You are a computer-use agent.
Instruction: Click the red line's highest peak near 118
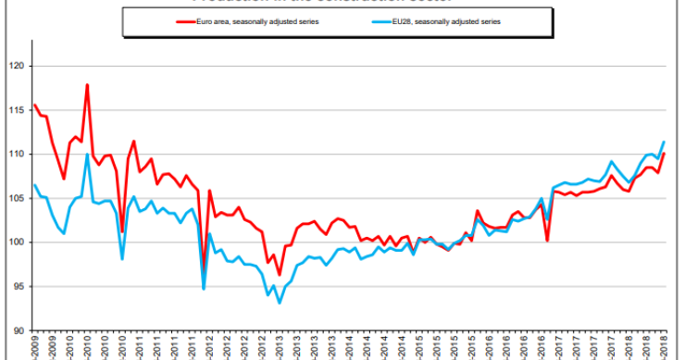[87, 85]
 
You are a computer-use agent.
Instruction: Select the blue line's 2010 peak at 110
[87, 155]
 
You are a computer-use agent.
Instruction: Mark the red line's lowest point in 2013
[280, 275]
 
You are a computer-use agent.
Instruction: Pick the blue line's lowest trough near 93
[280, 303]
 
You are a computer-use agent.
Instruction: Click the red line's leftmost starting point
[34, 105]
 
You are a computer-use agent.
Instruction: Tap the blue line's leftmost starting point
[34, 185]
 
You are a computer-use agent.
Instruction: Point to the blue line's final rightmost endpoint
[665, 142]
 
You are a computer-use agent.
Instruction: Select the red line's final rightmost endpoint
[665, 153]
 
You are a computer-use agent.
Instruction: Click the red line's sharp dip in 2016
[548, 241]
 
